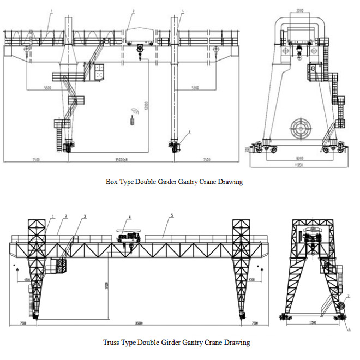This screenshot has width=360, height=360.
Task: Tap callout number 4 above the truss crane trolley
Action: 130,217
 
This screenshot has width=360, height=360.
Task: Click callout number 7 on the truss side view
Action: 348,296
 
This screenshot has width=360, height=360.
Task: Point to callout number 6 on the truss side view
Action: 349,329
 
